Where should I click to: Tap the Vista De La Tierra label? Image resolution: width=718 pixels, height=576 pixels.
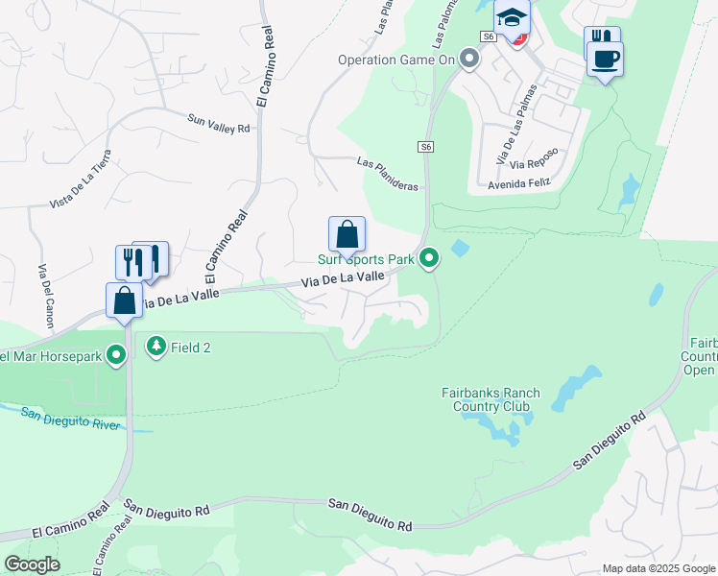click(x=81, y=180)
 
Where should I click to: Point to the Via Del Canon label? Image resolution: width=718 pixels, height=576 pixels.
click(x=44, y=292)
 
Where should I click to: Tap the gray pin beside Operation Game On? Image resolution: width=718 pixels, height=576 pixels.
click(x=469, y=60)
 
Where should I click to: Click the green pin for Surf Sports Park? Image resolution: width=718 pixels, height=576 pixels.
click(x=431, y=258)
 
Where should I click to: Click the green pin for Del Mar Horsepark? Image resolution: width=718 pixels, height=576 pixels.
click(x=117, y=356)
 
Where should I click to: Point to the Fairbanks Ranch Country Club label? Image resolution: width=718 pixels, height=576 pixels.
click(x=491, y=398)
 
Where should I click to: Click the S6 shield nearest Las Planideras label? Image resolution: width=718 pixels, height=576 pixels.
click(x=426, y=147)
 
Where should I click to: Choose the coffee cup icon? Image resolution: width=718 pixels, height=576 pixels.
click(x=605, y=60)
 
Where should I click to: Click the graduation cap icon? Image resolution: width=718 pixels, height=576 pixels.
click(x=513, y=16)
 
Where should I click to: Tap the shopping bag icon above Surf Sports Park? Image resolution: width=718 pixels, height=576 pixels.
click(x=347, y=233)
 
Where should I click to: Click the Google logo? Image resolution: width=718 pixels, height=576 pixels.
click(x=32, y=564)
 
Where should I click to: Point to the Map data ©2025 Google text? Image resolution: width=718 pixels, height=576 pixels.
click(x=658, y=568)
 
